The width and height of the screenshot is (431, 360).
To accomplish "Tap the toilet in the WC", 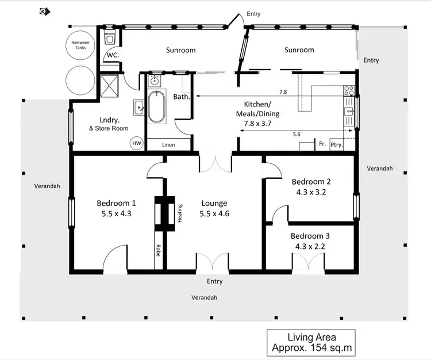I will [x=110, y=39].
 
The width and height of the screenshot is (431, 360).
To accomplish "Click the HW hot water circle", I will [x=137, y=143].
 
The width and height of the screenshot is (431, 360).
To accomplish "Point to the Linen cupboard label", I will [x=168, y=145].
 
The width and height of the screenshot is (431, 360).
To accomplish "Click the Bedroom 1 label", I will [x=116, y=203].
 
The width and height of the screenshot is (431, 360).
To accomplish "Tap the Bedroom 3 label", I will [x=310, y=236].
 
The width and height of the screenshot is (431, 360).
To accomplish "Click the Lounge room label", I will [x=214, y=203].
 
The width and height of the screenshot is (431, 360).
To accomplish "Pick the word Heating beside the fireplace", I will [x=180, y=214].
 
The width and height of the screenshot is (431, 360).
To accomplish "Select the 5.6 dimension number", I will [x=296, y=135].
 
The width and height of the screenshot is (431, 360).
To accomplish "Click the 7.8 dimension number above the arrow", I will [x=283, y=92].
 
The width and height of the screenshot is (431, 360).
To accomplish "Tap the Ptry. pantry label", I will [x=337, y=145].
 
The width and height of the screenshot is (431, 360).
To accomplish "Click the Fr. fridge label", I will [x=322, y=145].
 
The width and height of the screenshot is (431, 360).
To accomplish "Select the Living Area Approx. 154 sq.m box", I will [x=311, y=343].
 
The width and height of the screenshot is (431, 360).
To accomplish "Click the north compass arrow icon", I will [x=44, y=11].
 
